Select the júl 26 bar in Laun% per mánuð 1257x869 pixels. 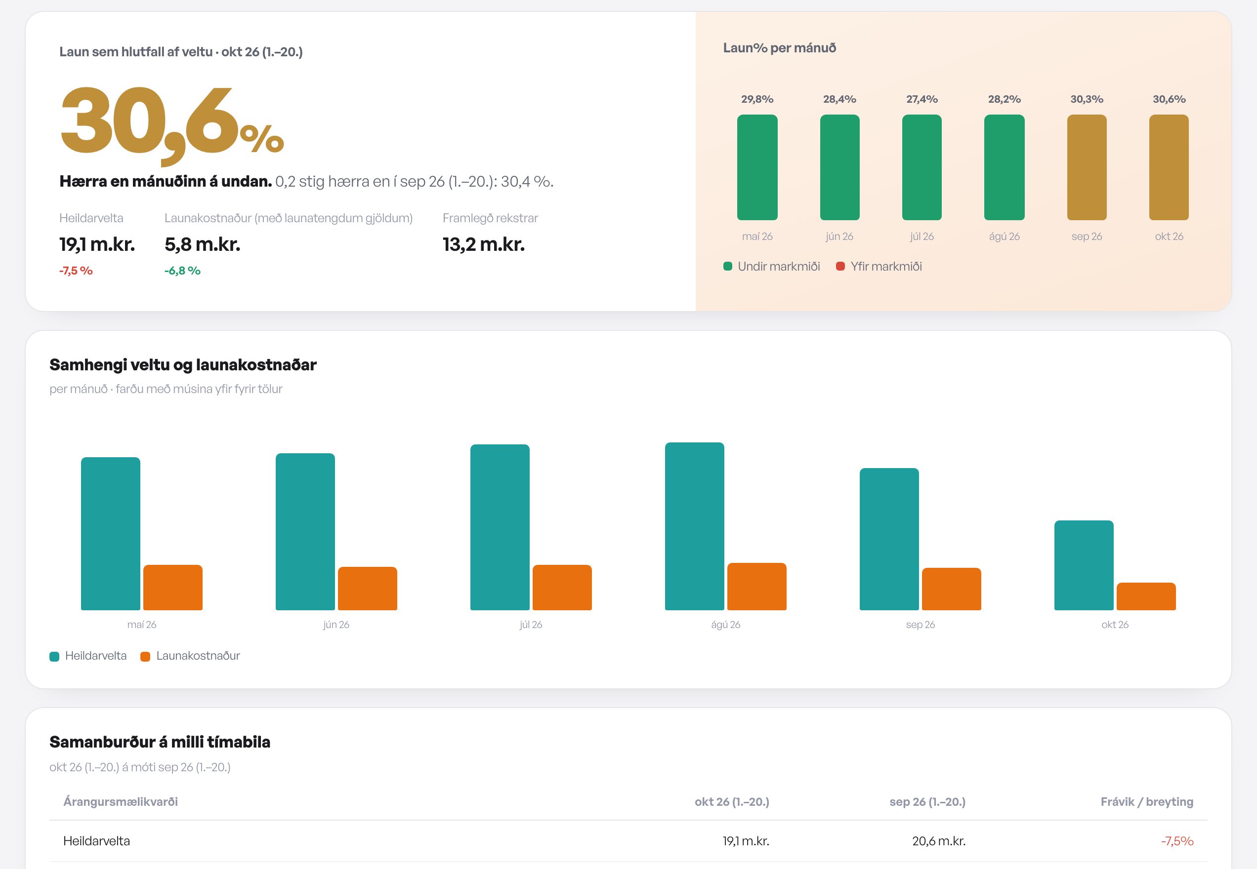[x=922, y=167]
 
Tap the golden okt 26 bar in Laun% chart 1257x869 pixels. [x=1169, y=167]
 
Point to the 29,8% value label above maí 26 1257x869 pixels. [x=757, y=99]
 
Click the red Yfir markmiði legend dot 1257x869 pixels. [x=840, y=266]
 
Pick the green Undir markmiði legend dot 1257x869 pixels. [x=727, y=266]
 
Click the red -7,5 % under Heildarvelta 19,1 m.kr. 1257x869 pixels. [x=76, y=271]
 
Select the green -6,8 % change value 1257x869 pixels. [x=182, y=271]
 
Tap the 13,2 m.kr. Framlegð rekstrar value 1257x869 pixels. [x=484, y=244]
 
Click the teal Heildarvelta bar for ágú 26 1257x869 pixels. [x=694, y=526]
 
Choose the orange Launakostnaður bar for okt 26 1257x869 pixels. [x=1146, y=596]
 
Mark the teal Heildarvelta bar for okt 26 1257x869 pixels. [x=1084, y=565]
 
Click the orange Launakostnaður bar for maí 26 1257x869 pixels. [x=173, y=588]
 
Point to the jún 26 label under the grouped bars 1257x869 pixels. [x=336, y=625]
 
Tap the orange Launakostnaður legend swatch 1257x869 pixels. [x=145, y=656]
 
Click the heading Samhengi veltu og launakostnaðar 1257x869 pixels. [x=183, y=365]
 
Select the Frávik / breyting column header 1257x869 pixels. [x=1147, y=801]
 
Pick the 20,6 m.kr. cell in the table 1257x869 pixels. [x=939, y=841]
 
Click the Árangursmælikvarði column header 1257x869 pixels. [x=121, y=801]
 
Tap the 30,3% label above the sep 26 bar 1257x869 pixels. [x=1087, y=99]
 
